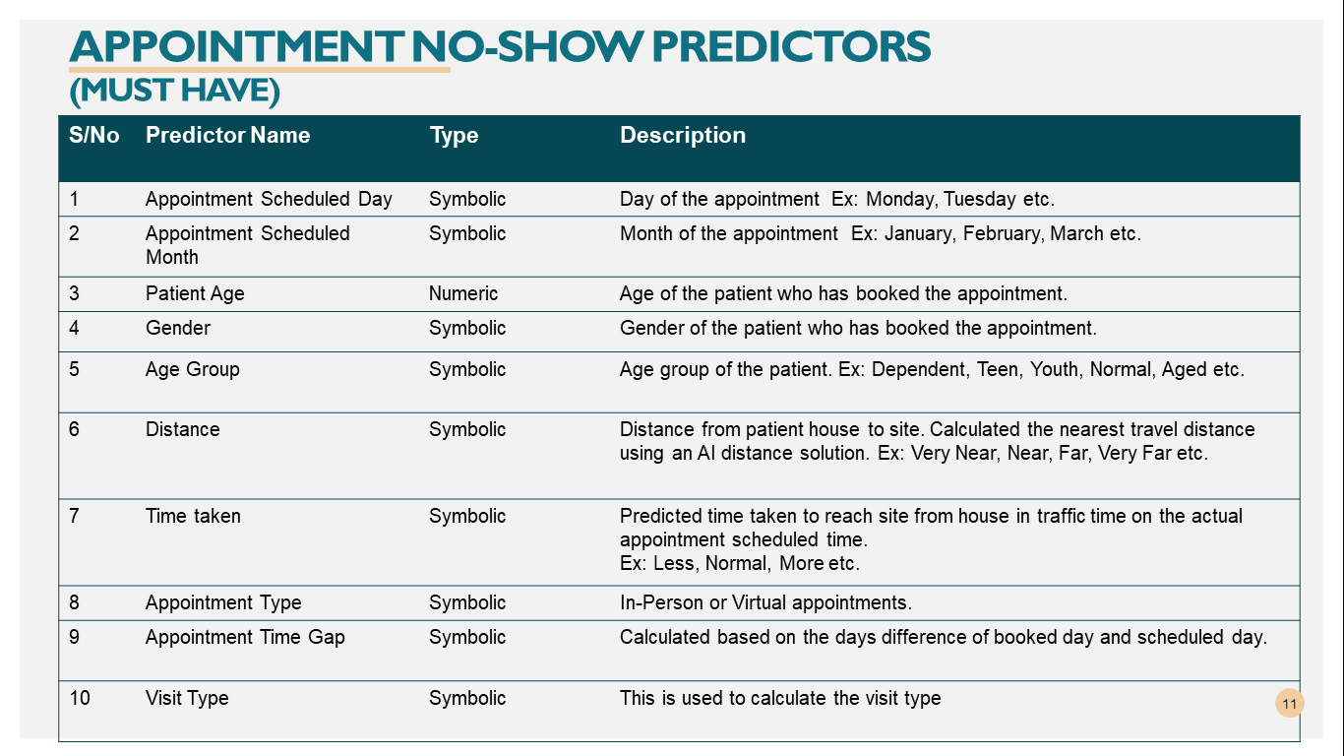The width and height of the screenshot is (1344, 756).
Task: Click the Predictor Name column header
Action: (x=227, y=135)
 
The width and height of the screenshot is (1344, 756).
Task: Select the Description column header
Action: (x=682, y=136)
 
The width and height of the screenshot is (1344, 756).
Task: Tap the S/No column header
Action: (x=93, y=135)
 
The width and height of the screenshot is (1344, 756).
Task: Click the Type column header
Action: (x=454, y=136)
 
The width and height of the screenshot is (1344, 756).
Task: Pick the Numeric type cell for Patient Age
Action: (x=463, y=293)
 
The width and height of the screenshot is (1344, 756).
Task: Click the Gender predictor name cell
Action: (x=178, y=328)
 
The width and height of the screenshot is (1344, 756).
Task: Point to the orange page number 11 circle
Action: (x=1290, y=703)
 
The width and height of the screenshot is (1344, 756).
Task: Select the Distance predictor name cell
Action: (x=182, y=429)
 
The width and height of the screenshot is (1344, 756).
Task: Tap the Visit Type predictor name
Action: (x=187, y=698)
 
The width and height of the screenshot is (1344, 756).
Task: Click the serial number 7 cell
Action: (x=74, y=516)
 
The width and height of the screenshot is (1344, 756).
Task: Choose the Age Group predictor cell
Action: (x=192, y=369)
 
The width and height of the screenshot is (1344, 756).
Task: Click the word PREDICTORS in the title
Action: (x=791, y=47)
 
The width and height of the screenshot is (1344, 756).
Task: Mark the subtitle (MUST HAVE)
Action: (x=174, y=91)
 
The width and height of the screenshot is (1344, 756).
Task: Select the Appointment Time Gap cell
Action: (x=245, y=637)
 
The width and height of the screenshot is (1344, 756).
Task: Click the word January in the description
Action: (x=918, y=233)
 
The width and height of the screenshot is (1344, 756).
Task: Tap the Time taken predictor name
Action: (x=193, y=516)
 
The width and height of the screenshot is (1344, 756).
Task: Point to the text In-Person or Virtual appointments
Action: (x=765, y=602)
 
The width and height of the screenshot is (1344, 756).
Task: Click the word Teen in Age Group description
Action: (x=999, y=369)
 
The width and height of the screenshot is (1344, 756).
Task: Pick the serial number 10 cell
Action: (x=79, y=698)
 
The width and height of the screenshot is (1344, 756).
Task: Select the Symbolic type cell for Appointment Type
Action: (x=466, y=602)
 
